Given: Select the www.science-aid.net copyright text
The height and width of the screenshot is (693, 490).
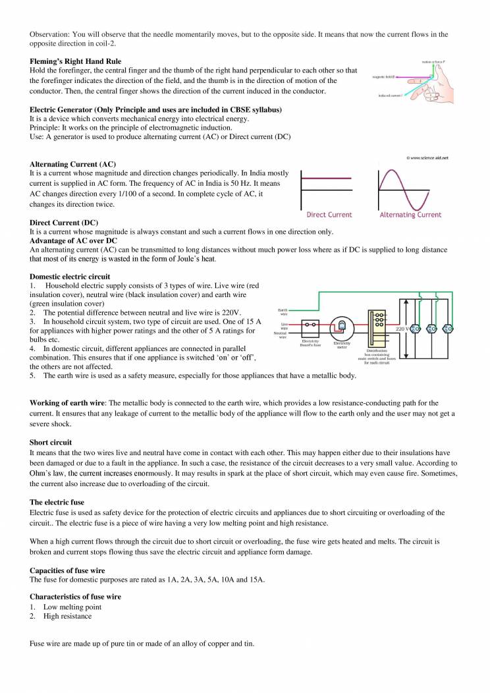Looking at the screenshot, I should [x=427, y=158].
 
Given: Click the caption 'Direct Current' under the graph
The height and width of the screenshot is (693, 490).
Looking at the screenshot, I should [x=329, y=215].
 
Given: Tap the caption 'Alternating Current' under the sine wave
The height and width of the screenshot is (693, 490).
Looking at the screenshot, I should [x=410, y=215].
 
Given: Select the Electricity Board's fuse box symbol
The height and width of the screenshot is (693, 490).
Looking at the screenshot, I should [x=310, y=325].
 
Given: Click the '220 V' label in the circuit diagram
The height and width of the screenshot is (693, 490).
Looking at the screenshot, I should [x=402, y=327].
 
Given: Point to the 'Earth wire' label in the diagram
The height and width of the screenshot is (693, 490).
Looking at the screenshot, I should [x=283, y=311].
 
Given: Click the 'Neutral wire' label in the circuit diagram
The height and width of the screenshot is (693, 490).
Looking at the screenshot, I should [x=280, y=335].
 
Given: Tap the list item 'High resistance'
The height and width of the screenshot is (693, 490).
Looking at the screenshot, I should [x=67, y=616].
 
